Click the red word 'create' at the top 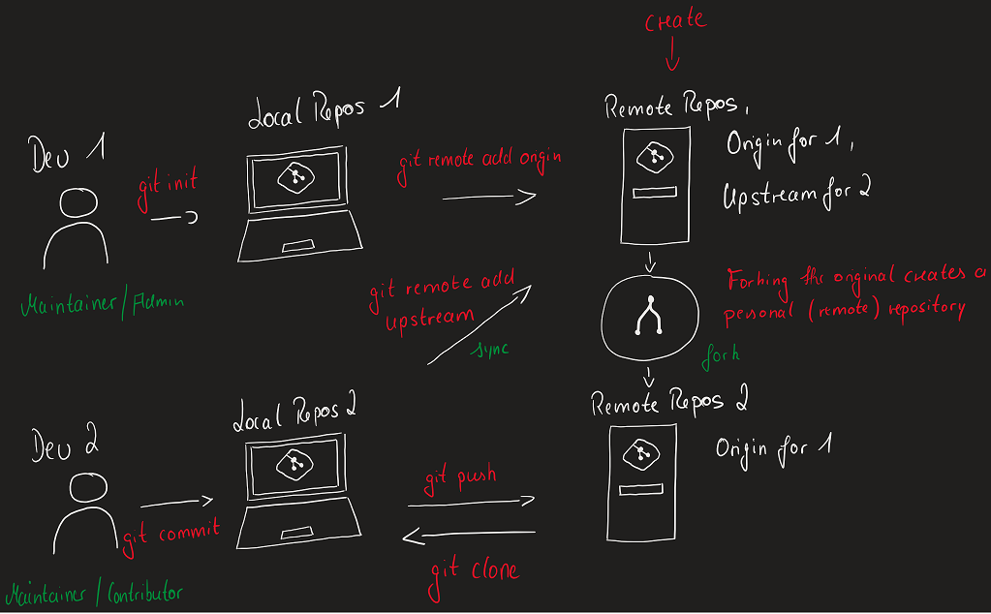tap(675, 20)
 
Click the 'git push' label tap(461, 478)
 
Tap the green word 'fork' tap(720, 354)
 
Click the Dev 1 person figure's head tap(78, 203)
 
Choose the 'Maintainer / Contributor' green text tap(94, 592)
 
